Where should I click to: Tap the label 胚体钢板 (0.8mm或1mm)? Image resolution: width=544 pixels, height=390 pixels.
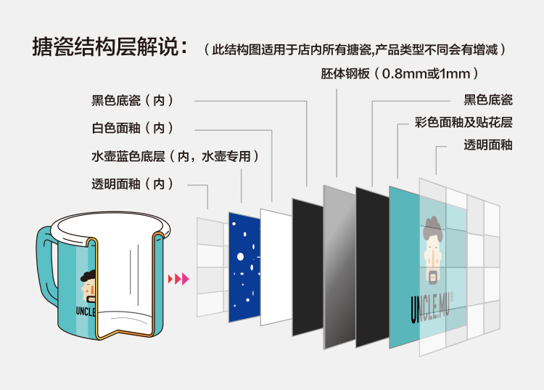(400, 73)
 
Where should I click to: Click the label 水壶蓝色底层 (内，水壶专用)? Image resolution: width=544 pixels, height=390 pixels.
(175, 155)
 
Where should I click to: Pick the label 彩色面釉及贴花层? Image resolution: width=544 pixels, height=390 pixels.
(463, 122)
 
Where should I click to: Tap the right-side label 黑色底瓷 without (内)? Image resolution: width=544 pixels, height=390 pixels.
(488, 100)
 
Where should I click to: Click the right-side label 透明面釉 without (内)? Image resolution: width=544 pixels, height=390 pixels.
(488, 145)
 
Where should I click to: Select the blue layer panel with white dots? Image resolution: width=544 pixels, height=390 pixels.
(244, 267)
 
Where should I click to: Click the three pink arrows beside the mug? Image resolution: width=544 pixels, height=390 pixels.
(178, 279)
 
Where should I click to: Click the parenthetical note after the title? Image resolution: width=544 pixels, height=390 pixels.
(355, 49)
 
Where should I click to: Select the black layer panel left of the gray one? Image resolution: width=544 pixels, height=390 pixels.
(308, 267)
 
